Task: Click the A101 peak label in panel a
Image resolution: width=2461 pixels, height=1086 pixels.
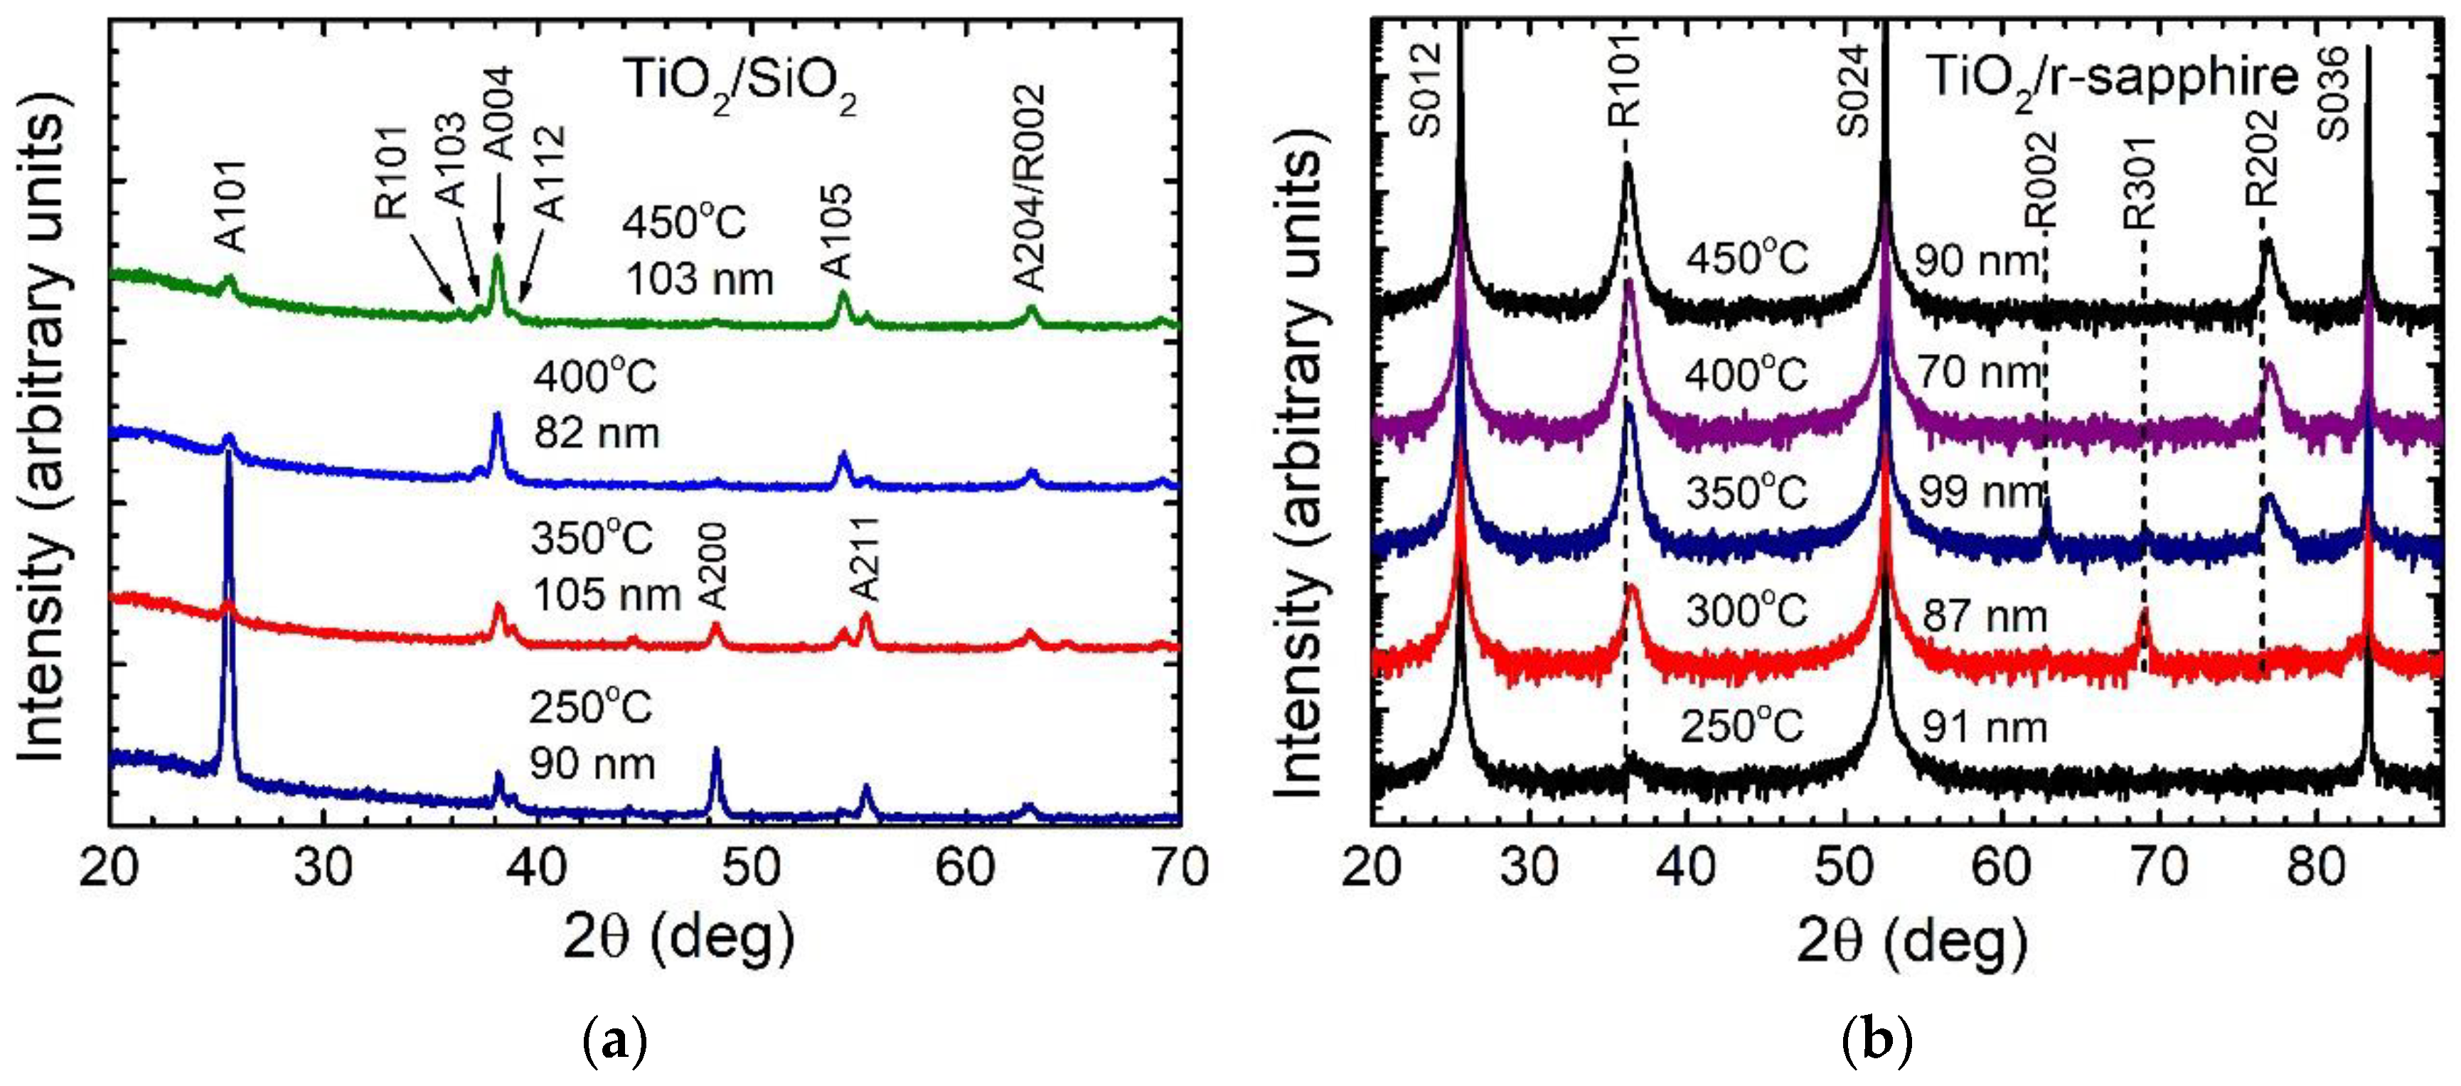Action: pyautogui.click(x=232, y=206)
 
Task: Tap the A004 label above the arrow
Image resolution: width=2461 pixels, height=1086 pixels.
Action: pyautogui.click(x=498, y=114)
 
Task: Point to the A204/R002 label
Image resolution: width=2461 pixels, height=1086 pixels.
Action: pyautogui.click(x=1030, y=187)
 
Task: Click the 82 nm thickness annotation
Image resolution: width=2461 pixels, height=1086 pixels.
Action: pyautogui.click(x=597, y=434)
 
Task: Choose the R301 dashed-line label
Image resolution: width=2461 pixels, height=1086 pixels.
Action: pyautogui.click(x=2140, y=181)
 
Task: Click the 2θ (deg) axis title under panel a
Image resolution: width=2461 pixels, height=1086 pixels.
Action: pyautogui.click(x=678, y=940)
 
